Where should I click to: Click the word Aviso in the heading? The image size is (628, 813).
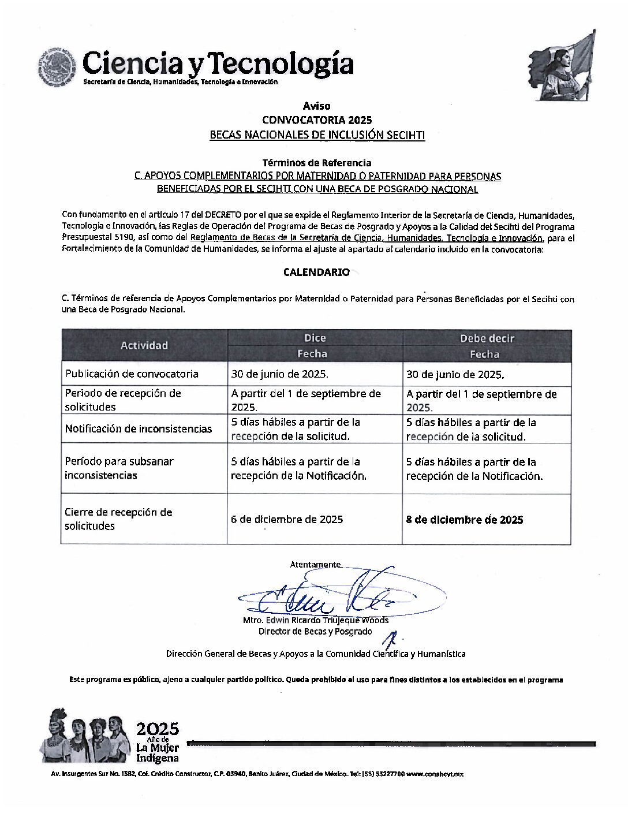coord(316,106)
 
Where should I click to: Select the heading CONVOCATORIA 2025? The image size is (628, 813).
coord(316,120)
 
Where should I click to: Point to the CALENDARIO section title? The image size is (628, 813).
coord(316,272)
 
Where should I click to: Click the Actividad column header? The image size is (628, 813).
coord(144,345)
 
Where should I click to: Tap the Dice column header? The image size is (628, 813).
coord(315,338)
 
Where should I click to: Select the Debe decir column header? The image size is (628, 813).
coord(487,338)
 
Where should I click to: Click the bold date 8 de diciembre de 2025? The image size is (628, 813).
coord(465,520)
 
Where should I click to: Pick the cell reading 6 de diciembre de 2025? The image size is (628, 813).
coord(287,519)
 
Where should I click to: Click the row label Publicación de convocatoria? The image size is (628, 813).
coord(132,374)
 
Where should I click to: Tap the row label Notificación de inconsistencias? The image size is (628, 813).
coord(139,428)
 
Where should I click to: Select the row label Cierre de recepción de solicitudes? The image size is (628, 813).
coord(118,519)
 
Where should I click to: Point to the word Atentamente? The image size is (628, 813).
coord(315,564)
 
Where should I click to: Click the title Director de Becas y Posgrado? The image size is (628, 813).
coord(315,631)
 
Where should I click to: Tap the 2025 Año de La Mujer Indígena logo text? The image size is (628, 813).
coord(157,743)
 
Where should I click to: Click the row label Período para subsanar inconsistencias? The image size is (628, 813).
coord(119,468)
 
